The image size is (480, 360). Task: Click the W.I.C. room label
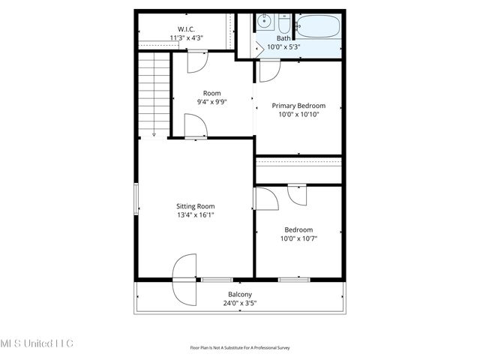click(186, 28)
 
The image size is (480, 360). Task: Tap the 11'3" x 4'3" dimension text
click(186, 37)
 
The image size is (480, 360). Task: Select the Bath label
click(283, 38)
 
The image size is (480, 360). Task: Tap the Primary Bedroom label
click(298, 106)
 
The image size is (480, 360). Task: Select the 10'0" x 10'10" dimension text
click(298, 115)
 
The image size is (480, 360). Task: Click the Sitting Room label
click(195, 206)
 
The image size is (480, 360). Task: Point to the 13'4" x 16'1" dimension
click(195, 215)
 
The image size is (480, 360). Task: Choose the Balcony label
click(239, 295)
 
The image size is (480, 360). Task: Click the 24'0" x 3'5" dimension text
click(239, 304)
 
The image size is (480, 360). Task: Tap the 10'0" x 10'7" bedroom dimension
click(298, 239)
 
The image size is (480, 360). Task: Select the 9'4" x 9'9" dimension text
click(211, 102)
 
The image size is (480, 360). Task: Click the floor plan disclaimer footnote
click(239, 348)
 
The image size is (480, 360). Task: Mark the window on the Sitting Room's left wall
click(136, 200)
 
